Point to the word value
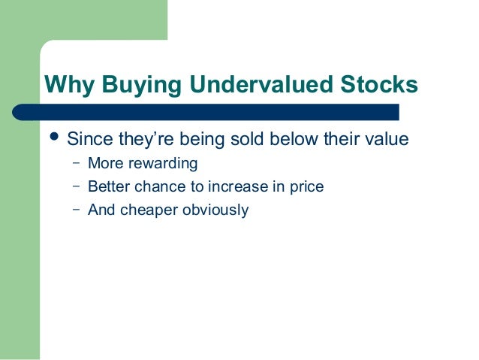coord(385,141)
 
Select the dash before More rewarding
coord(76,163)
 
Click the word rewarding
coord(161,164)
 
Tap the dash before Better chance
coord(76,186)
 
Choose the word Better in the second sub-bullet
coord(107,186)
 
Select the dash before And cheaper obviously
coord(76,209)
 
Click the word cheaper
coord(146,210)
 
